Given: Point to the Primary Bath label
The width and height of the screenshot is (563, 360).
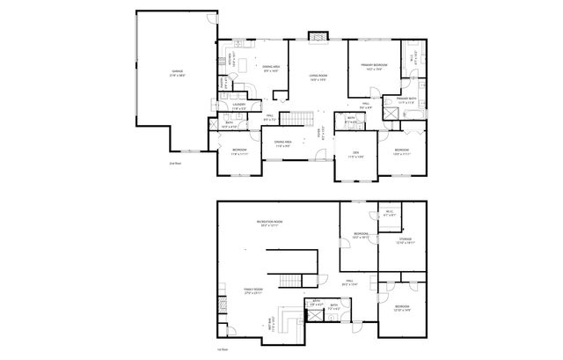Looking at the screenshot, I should tap(406, 99).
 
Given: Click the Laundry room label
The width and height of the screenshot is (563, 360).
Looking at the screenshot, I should tap(238, 105).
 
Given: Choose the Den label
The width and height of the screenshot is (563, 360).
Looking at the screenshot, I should tap(355, 152).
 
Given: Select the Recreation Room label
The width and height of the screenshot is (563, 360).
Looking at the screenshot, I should tap(269, 221).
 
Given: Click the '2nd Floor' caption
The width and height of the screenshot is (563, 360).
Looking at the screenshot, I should tap(175, 164).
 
